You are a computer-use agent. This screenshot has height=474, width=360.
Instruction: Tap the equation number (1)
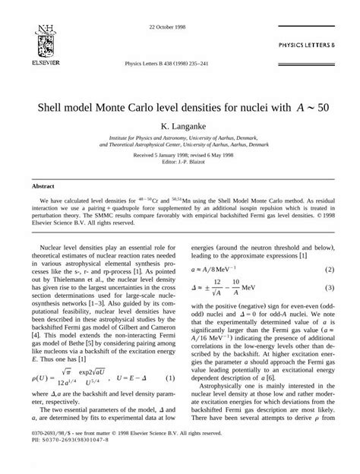[170, 356]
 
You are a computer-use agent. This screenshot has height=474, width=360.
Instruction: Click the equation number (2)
[330, 270]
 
